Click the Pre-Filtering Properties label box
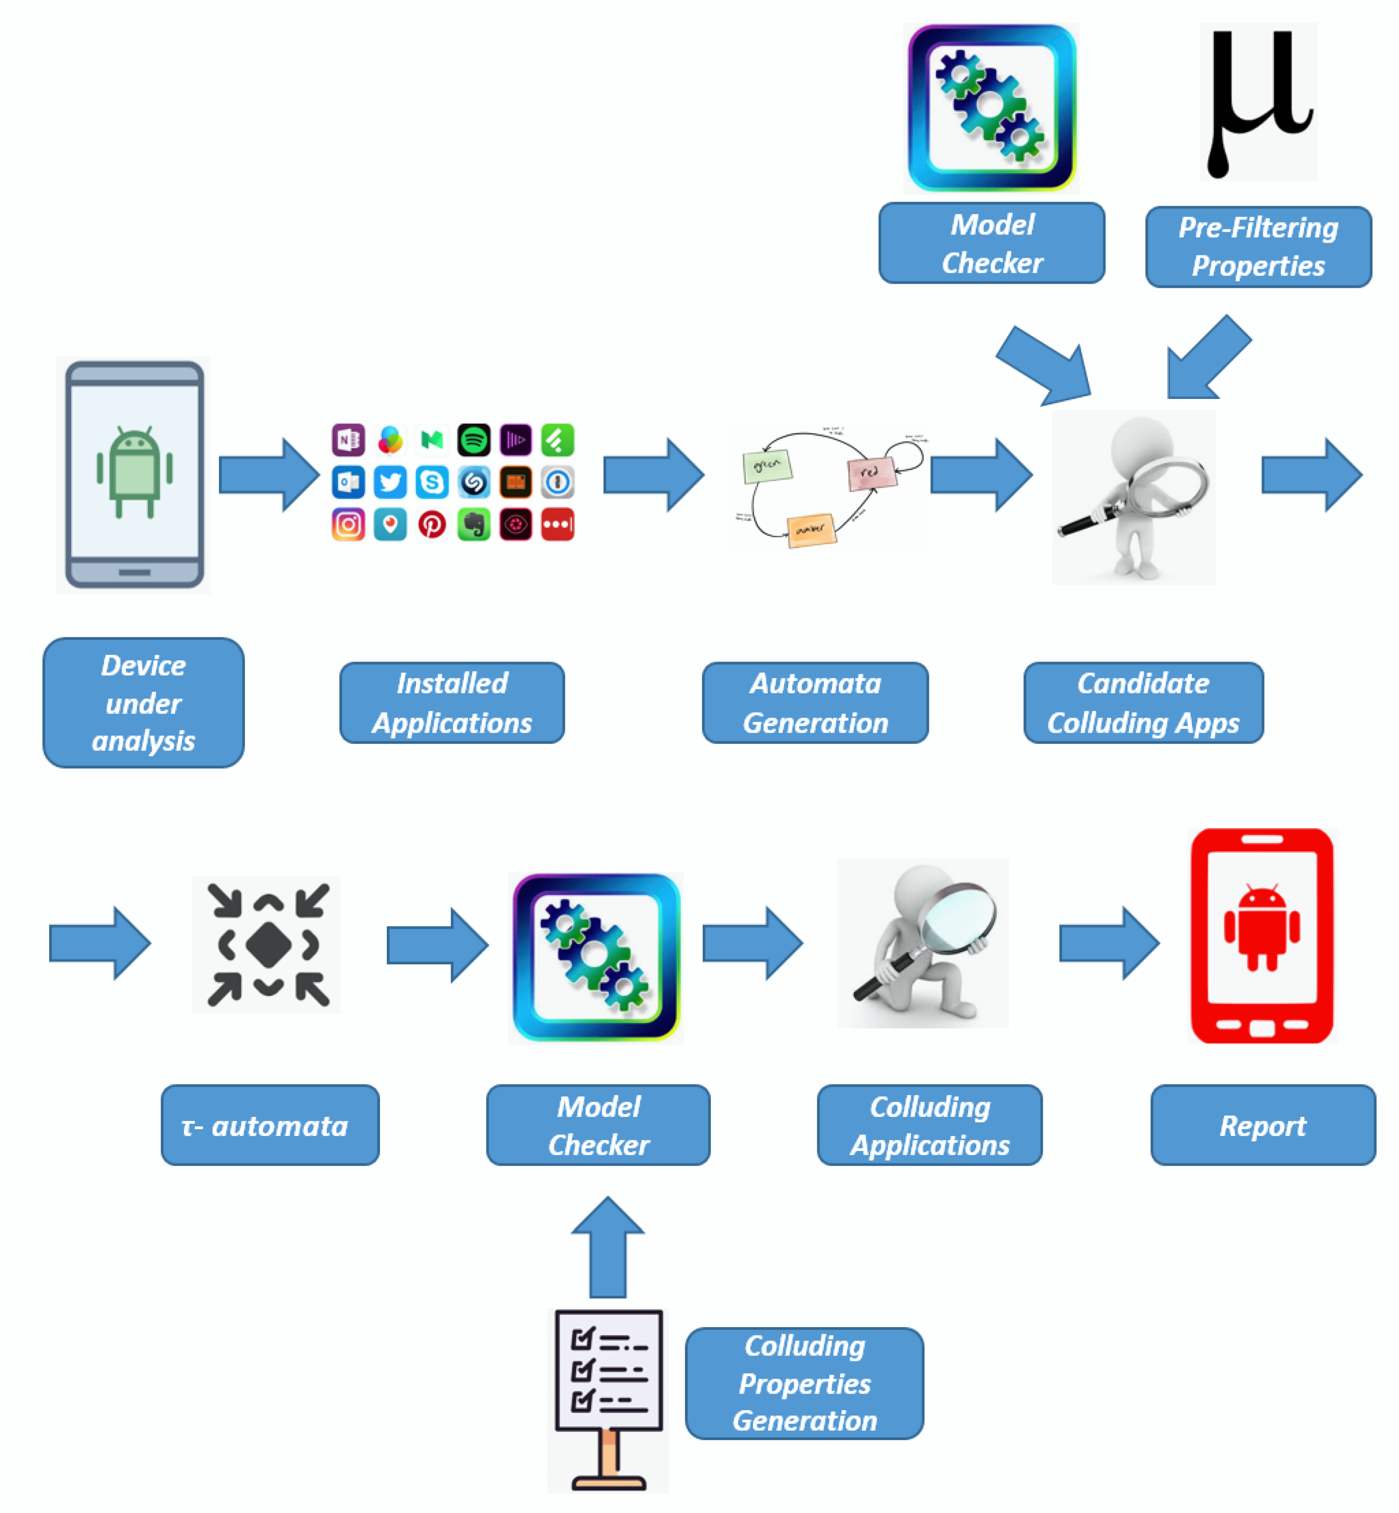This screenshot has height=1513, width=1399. click(1258, 247)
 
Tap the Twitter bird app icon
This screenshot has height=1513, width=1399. click(390, 482)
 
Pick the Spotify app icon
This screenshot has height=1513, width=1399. click(474, 440)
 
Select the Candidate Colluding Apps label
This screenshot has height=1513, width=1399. click(1143, 702)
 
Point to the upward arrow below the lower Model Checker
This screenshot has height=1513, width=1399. click(607, 1246)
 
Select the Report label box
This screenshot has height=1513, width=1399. click(1263, 1125)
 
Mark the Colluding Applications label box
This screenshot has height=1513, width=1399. click(930, 1125)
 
